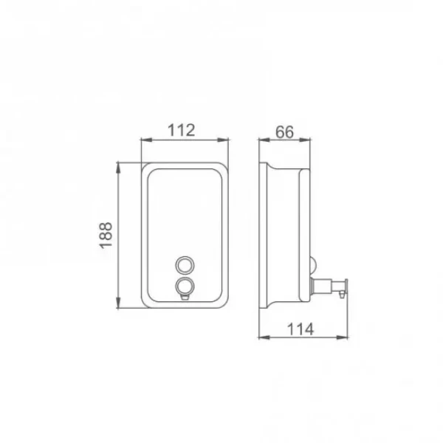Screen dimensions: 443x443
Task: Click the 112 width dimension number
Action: (181, 130)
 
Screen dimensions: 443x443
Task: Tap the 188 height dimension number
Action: (106, 236)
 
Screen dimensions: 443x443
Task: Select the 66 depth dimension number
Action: (284, 132)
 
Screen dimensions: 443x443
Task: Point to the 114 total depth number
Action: (301, 329)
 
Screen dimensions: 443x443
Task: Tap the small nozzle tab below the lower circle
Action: (185, 297)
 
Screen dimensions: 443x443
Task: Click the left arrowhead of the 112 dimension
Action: (146, 140)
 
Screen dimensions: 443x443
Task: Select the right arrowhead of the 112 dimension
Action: (223, 140)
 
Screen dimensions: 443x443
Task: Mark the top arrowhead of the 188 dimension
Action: (118, 168)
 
